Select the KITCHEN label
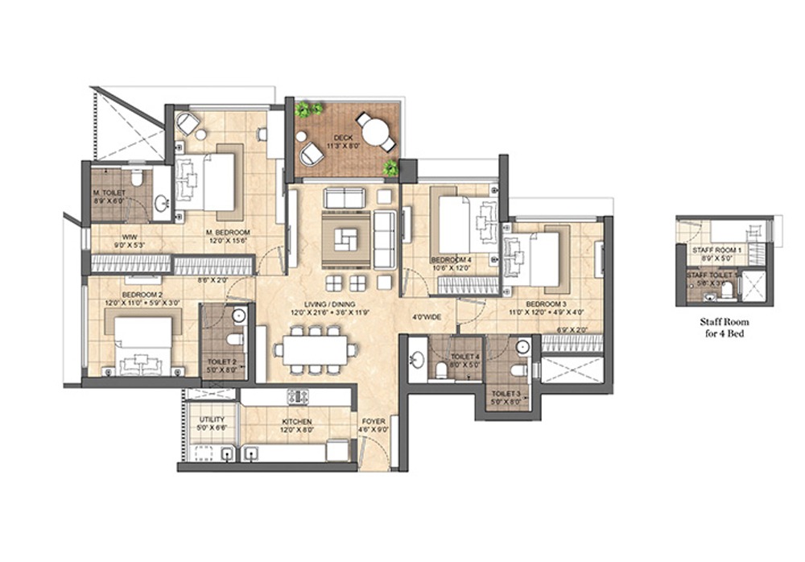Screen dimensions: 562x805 [x=297, y=421]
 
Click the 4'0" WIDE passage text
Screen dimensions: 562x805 [x=426, y=316]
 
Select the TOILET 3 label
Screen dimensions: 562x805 [x=506, y=394]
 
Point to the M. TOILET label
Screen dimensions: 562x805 [x=107, y=193]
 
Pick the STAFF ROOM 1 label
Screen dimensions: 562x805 [x=716, y=250]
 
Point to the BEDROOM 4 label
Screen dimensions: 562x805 [x=451, y=259]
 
